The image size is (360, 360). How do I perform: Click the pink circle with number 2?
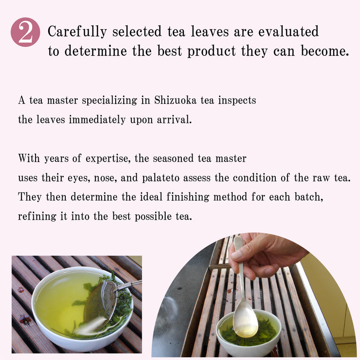point(26,32)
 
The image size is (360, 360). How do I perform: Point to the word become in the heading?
point(323,51)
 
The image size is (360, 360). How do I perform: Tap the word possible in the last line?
point(153,216)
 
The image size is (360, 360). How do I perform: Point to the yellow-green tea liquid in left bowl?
point(58,297)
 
